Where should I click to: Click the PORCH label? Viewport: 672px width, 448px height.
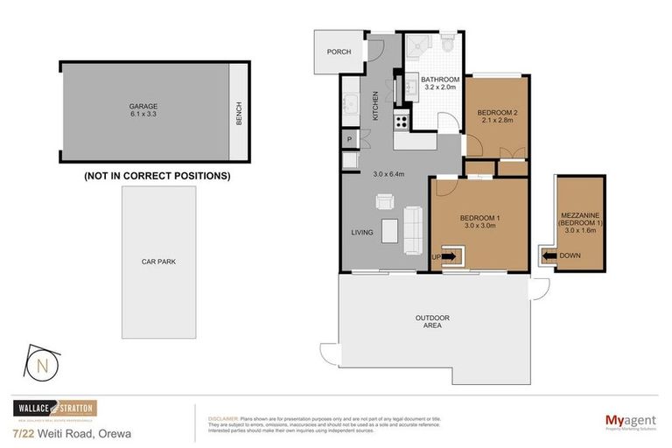[x=339, y=52]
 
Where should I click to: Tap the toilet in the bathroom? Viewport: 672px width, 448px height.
[x=446, y=45]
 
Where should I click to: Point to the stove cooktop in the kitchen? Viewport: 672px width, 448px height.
[x=403, y=121]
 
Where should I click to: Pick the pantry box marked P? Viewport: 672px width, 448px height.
[x=349, y=139]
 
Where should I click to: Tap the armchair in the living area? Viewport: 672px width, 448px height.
[x=385, y=202]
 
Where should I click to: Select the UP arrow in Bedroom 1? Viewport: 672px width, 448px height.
[x=449, y=256]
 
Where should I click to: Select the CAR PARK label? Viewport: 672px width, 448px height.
[x=159, y=261]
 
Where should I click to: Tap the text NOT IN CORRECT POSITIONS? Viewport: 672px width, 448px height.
[x=157, y=175]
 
